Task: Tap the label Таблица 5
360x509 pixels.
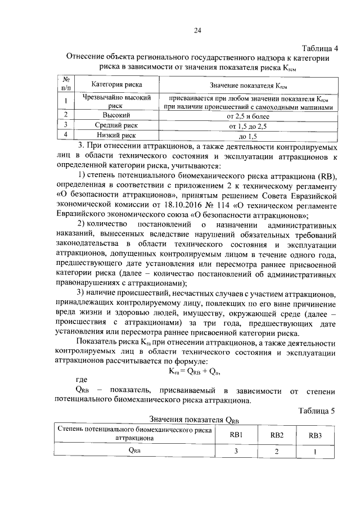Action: point(317,411)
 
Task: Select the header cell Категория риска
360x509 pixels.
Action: point(117,85)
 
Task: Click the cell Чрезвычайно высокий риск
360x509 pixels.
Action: point(117,101)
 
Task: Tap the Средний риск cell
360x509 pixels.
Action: point(117,125)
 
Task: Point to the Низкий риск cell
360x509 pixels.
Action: point(117,136)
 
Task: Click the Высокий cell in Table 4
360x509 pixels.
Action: point(117,115)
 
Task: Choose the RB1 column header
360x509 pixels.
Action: point(236,434)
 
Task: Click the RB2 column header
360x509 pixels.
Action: point(277,434)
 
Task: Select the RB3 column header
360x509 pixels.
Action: point(316,435)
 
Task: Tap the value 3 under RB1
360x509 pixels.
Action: point(236,451)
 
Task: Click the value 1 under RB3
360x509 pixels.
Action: point(316,451)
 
